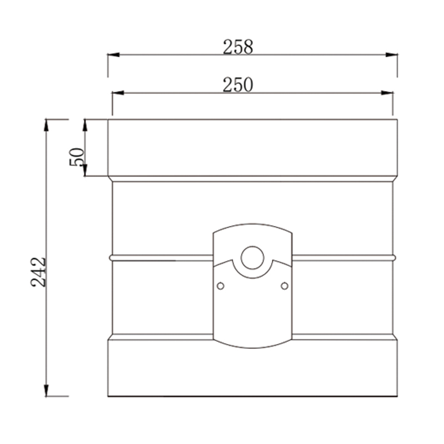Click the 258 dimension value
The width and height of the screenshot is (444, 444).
pyautogui.click(x=238, y=48)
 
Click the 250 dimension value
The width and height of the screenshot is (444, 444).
pyautogui.click(x=238, y=85)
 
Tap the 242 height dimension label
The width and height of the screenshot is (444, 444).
pyautogui.click(x=38, y=272)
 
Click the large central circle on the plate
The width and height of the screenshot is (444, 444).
pyautogui.click(x=253, y=258)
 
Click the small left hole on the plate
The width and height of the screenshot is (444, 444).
pyautogui.click(x=220, y=285)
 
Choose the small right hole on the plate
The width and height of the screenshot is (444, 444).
pyautogui.click(x=285, y=285)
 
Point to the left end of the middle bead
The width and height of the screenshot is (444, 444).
pyautogui.click(x=111, y=258)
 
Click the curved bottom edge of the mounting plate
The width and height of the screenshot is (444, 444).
pyautogui.click(x=253, y=349)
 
